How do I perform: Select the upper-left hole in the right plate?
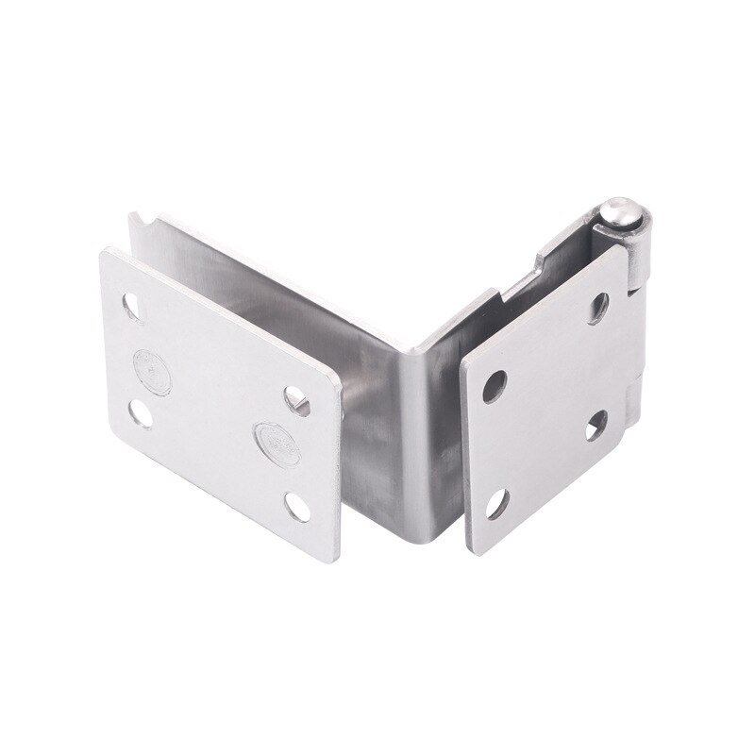(x=493, y=386)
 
